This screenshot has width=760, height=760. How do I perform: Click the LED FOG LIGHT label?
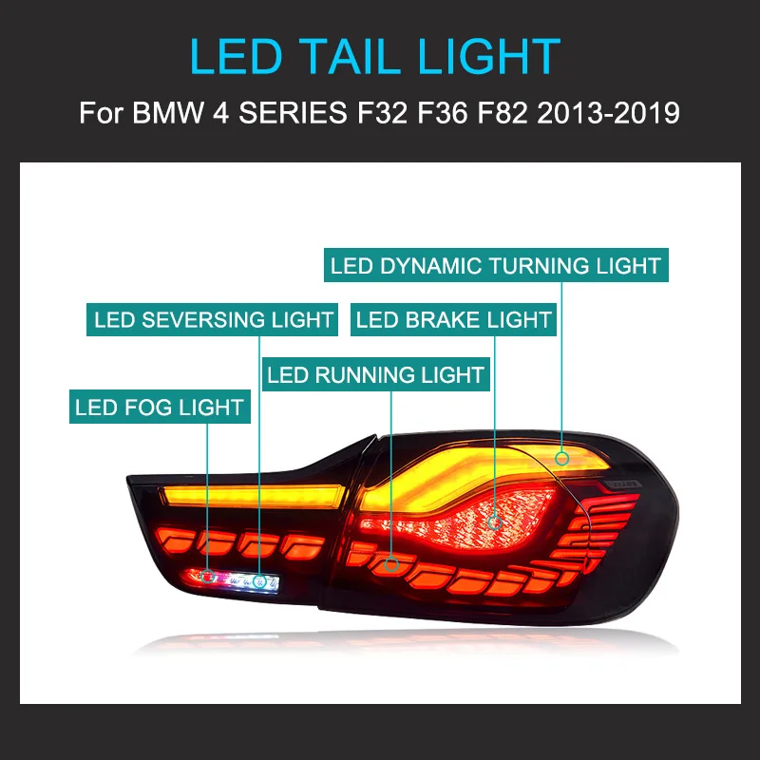tap(160, 408)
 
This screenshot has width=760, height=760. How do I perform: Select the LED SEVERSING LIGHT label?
tap(214, 320)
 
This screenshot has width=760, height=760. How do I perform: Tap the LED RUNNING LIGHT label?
tap(376, 374)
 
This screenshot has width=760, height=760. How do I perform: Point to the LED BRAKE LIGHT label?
tap(454, 320)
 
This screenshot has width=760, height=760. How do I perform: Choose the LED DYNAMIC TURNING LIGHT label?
tap(496, 265)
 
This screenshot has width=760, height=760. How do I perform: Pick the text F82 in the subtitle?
tap(496, 114)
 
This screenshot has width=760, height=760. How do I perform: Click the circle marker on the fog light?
tap(208, 577)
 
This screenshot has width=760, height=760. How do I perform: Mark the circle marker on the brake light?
tap(494, 521)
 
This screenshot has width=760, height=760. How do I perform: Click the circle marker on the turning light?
tap(562, 458)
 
